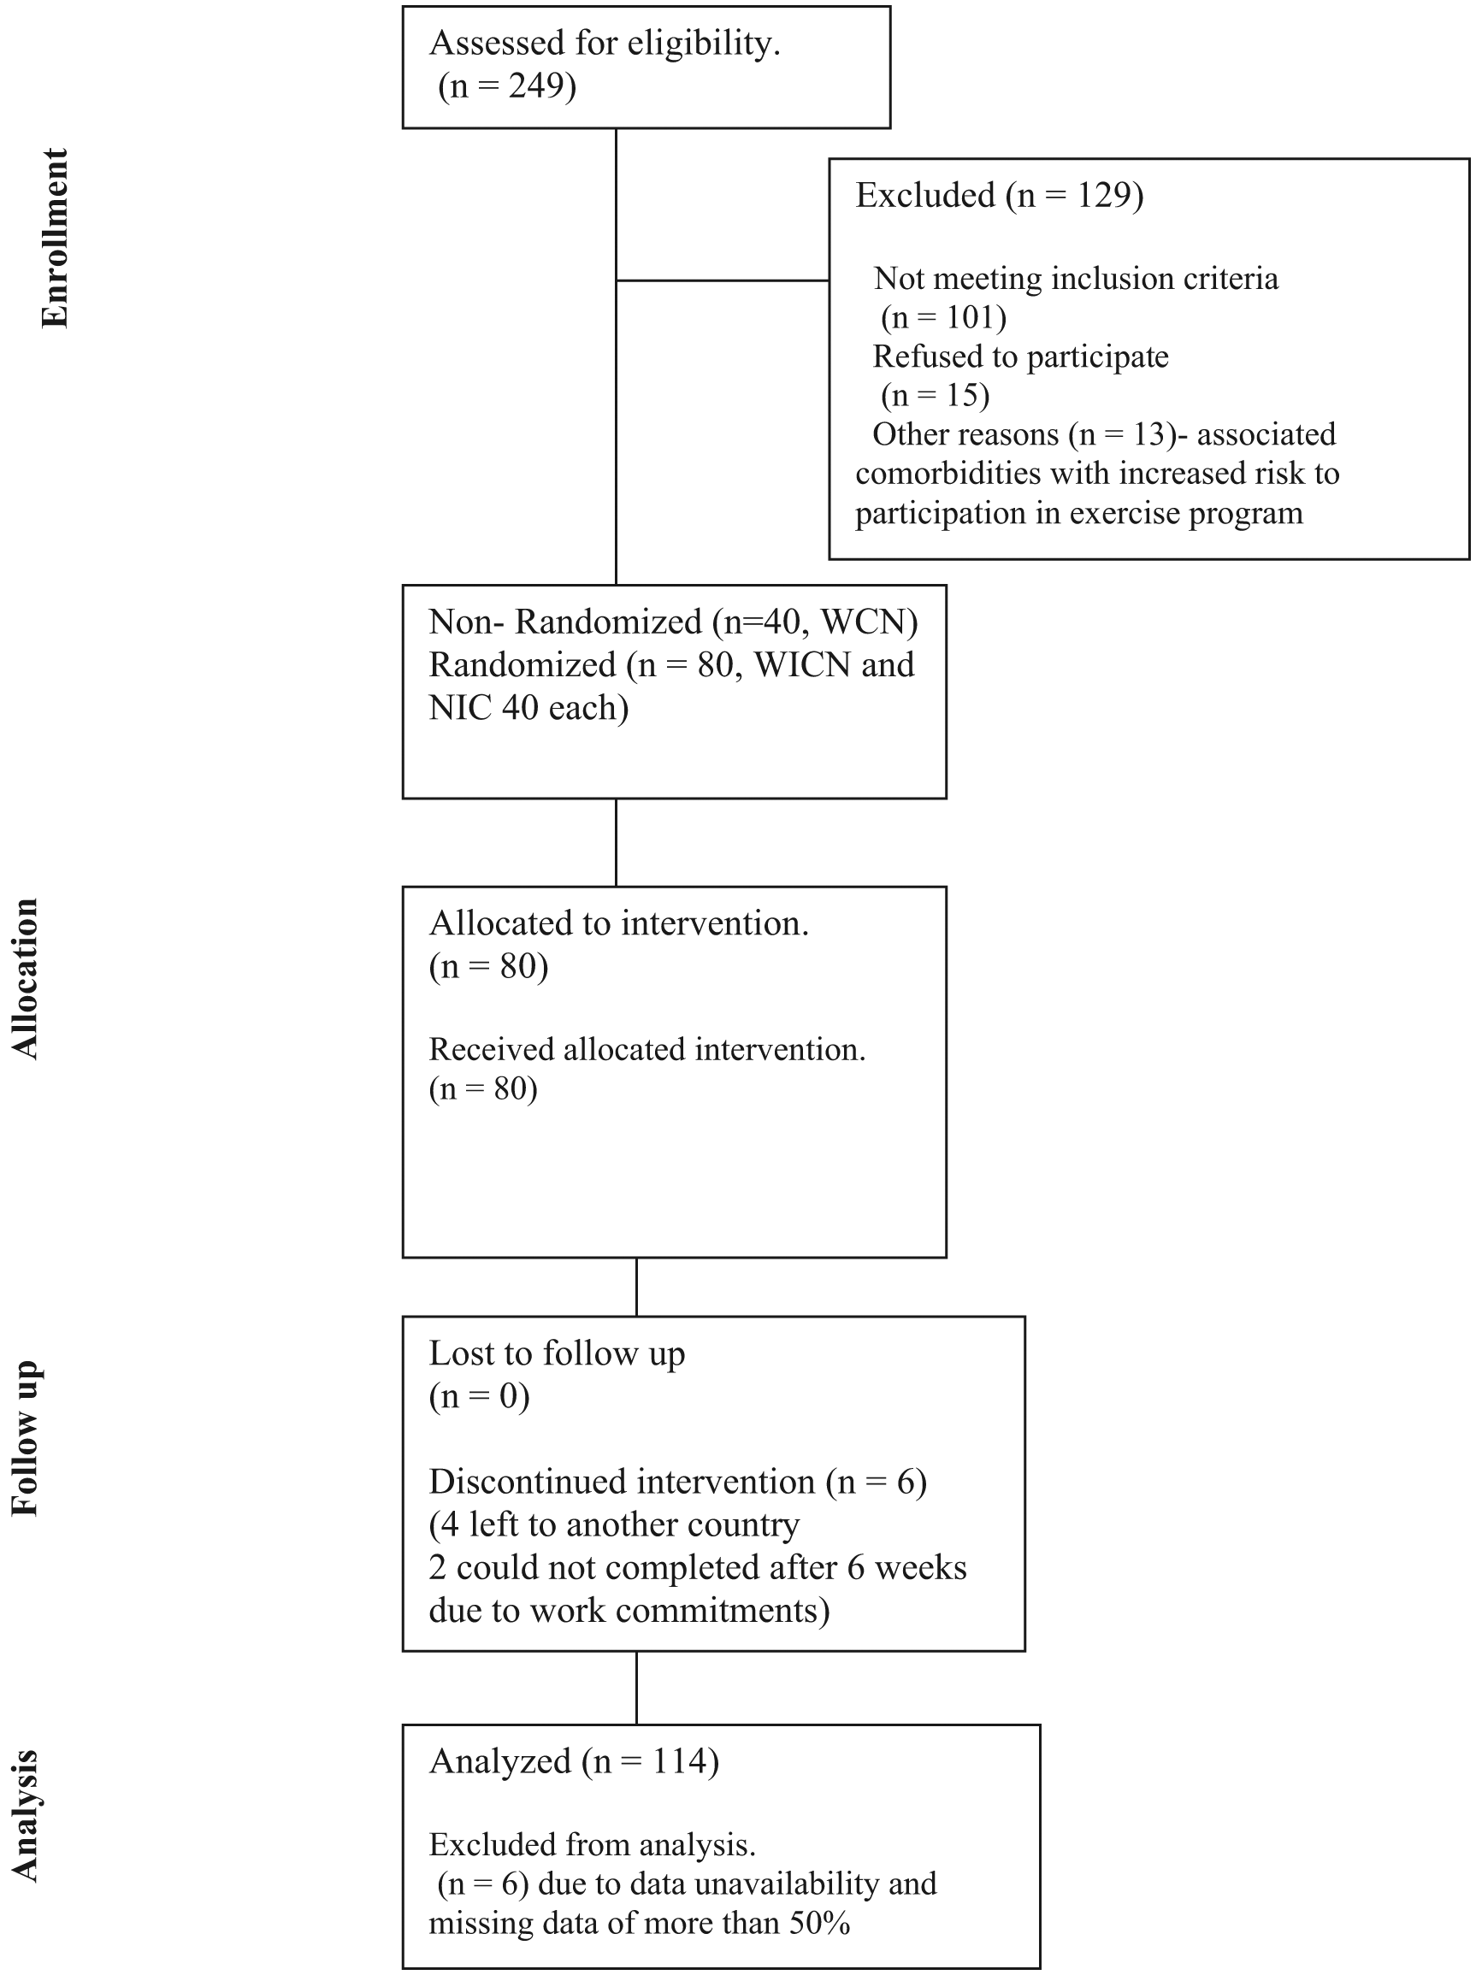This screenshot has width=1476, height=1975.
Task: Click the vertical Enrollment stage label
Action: pyautogui.click(x=55, y=239)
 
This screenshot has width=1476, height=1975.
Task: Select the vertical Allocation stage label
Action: pyautogui.click(x=24, y=979)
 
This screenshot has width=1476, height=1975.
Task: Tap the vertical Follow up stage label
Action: pyautogui.click(x=24, y=1437)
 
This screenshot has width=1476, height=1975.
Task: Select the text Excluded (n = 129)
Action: pyautogui.click(x=999, y=195)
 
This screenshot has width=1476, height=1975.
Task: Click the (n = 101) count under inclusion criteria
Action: pyautogui.click(x=944, y=317)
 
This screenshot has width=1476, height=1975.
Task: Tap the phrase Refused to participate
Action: pyautogui.click(x=1020, y=357)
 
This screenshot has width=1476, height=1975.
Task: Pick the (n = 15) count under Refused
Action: pyautogui.click(x=935, y=395)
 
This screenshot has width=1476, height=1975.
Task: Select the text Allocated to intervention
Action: pyautogui.click(x=619, y=923)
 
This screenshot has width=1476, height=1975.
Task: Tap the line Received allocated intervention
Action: pyautogui.click(x=647, y=1049)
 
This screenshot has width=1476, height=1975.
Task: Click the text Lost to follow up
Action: pyautogui.click(x=558, y=1353)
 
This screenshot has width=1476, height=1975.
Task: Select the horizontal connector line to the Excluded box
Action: pyautogui.click(x=723, y=280)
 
